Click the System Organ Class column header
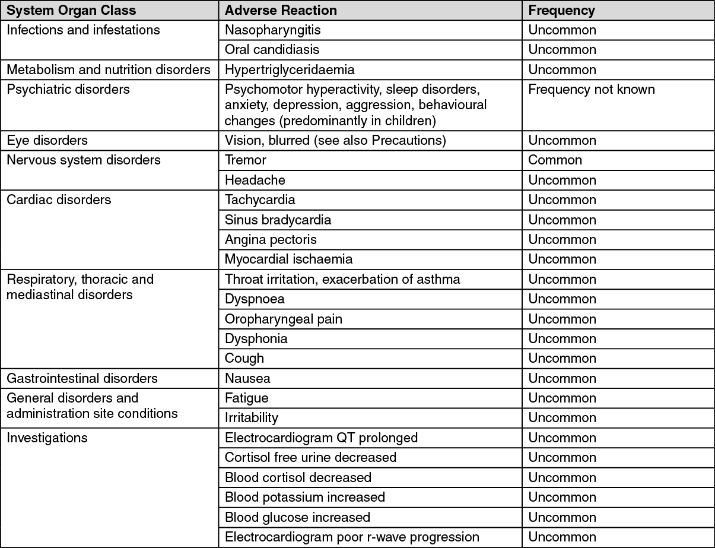click(71, 11)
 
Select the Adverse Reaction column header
click(281, 11)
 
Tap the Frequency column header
click(561, 11)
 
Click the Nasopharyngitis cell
click(273, 30)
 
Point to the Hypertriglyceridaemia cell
click(290, 70)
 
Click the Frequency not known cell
click(592, 90)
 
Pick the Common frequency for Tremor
click(555, 160)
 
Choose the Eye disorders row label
click(47, 141)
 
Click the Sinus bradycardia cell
click(278, 220)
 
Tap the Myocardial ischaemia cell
click(288, 259)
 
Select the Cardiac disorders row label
click(59, 200)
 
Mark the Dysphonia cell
click(256, 339)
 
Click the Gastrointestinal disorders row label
click(82, 379)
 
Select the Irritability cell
click(251, 418)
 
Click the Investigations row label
click(47, 438)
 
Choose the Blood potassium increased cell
click(304, 498)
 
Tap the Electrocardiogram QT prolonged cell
click(321, 438)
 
